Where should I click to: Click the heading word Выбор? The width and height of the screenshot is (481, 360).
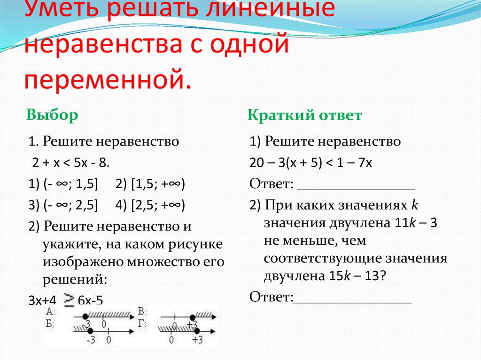52,115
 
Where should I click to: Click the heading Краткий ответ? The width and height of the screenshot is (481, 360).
305,115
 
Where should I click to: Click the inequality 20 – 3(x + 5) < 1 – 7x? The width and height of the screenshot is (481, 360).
311,163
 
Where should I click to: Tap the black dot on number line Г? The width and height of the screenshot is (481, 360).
196,330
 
